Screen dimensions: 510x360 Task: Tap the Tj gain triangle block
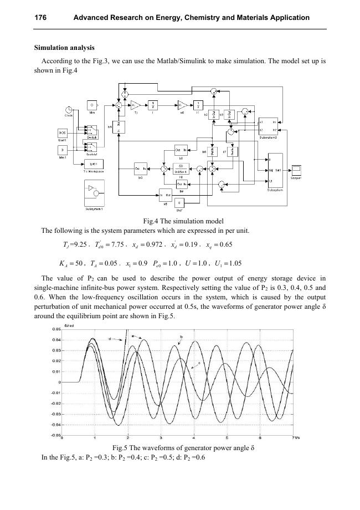[136, 104]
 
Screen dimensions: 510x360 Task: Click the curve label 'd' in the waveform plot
[110, 338]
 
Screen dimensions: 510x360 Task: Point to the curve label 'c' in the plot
[199, 363]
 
